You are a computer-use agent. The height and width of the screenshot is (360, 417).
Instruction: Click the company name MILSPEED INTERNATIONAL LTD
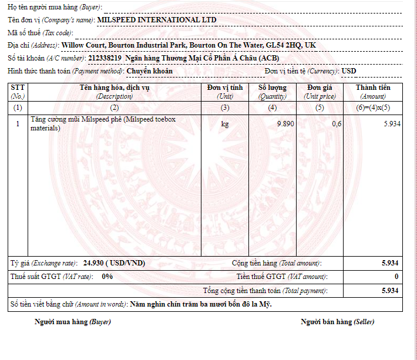(x=157, y=20)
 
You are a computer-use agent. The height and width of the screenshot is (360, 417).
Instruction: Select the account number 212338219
(x=105, y=58)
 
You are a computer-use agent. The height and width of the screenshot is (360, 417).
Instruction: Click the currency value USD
(x=349, y=71)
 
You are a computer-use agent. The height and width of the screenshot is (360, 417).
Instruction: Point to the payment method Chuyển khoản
(x=150, y=71)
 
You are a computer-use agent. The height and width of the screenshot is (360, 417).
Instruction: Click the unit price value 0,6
(x=337, y=124)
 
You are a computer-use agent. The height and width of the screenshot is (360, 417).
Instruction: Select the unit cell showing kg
(x=225, y=124)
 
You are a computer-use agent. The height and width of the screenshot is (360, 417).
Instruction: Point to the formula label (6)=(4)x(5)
(x=373, y=108)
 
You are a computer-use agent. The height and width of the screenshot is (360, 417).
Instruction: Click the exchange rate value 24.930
(x=95, y=263)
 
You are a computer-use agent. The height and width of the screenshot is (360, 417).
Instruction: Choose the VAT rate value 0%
(x=107, y=276)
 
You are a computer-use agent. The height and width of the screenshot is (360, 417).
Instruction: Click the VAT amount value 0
(x=396, y=277)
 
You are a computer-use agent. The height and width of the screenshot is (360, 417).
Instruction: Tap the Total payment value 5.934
(x=390, y=291)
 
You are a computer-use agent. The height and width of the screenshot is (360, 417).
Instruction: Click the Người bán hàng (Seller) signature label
(x=337, y=322)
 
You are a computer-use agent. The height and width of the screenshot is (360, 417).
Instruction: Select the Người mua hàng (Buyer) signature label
(x=73, y=322)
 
